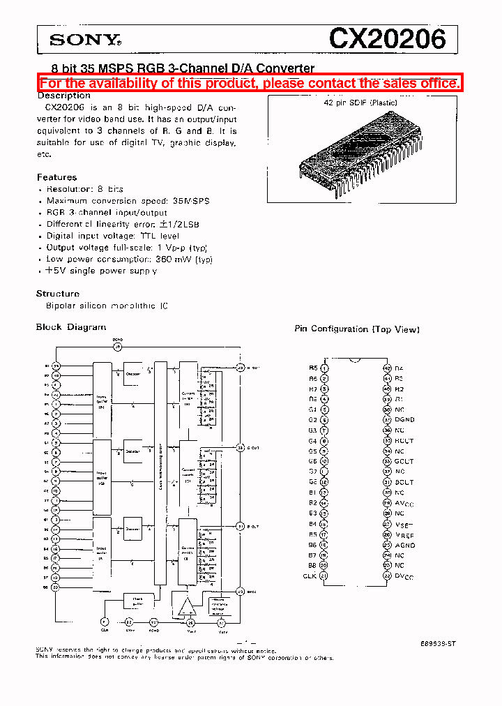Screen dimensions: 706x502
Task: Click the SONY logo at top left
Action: tap(85, 40)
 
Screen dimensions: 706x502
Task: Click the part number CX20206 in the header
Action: tap(387, 39)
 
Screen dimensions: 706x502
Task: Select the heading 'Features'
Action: tap(56, 177)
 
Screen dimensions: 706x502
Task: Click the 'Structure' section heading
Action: tap(58, 294)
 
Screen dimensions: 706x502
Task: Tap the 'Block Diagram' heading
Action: tap(71, 326)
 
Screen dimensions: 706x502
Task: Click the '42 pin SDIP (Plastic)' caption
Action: tap(360, 103)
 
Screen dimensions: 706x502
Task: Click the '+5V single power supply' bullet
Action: tap(101, 271)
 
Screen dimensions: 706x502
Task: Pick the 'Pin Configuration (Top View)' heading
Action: tap(357, 329)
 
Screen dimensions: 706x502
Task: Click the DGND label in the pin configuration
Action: tap(404, 420)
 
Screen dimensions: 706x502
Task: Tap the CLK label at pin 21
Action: tap(310, 576)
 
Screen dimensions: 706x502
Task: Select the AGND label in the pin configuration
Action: tap(404, 546)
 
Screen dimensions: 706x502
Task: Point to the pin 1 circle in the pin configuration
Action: tap(324, 368)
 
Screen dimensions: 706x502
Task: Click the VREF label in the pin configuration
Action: tap(404, 535)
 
